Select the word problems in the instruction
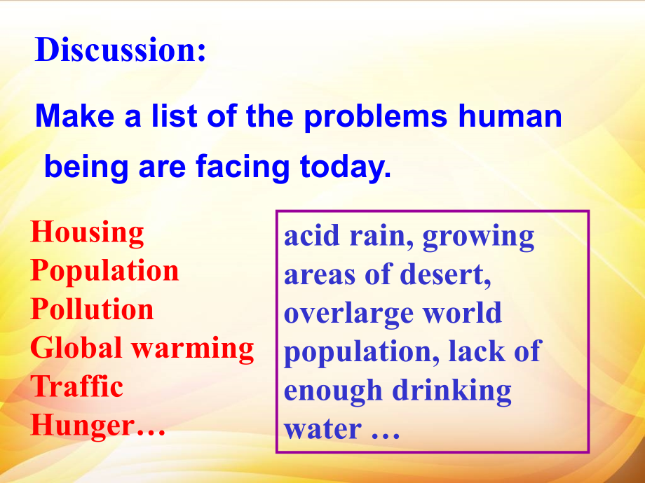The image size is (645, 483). click(x=375, y=115)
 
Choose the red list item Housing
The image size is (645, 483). click(x=88, y=232)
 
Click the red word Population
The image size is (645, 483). click(x=104, y=272)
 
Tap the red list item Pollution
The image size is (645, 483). click(x=92, y=309)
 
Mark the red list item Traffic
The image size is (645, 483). click(x=77, y=386)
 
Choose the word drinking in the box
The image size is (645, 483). click(x=451, y=391)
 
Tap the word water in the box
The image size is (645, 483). click(x=322, y=428)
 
